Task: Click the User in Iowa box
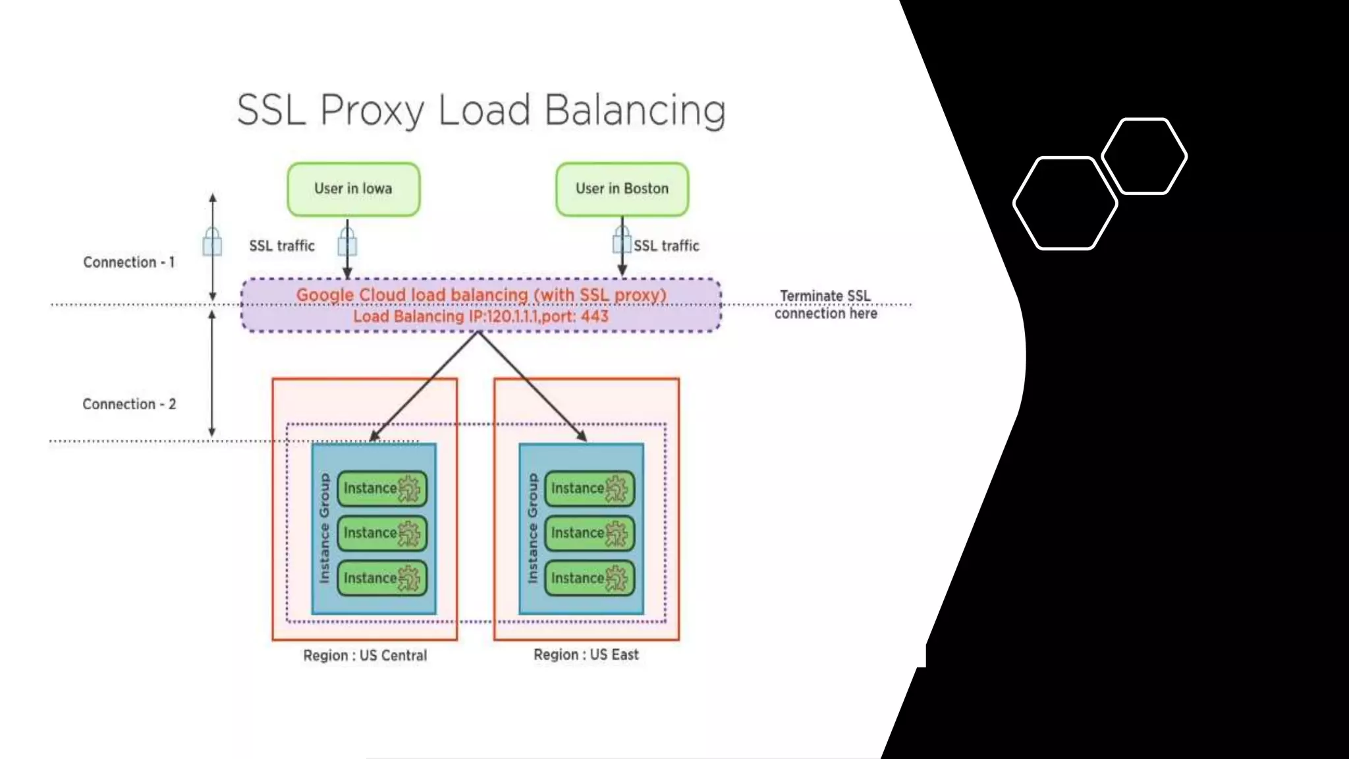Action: pyautogui.click(x=354, y=189)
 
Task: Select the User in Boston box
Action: pyautogui.click(x=622, y=189)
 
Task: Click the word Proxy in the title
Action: pyautogui.click(x=372, y=110)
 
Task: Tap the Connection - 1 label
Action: pyautogui.click(x=129, y=262)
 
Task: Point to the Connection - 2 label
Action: pyautogui.click(x=129, y=404)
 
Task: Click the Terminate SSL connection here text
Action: pyautogui.click(x=825, y=304)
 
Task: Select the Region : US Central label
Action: pyautogui.click(x=365, y=656)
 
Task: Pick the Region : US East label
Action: pyautogui.click(x=586, y=655)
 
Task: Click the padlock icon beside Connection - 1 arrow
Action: pyautogui.click(x=212, y=242)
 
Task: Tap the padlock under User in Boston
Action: pyautogui.click(x=621, y=240)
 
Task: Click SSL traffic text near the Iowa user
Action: pyautogui.click(x=282, y=246)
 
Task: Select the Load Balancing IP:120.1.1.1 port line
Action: pyautogui.click(x=481, y=317)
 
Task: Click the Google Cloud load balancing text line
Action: pyautogui.click(x=481, y=295)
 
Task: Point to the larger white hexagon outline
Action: pyautogui.click(x=1064, y=203)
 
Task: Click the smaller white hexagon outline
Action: pyautogui.click(x=1144, y=156)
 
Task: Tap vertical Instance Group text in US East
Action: pyautogui.click(x=533, y=528)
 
